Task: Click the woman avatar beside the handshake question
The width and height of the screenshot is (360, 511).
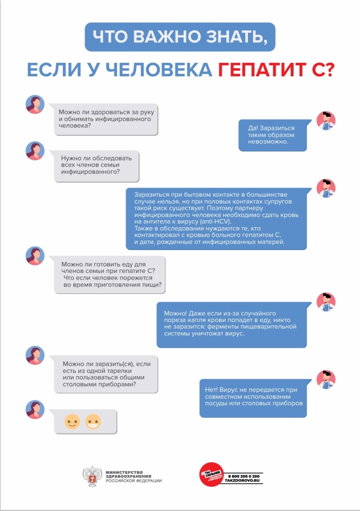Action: pos(35,104)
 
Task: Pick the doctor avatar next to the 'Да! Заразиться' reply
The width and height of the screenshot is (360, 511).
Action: pos(326,121)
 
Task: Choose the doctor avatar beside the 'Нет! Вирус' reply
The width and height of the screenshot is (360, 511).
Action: pos(326,380)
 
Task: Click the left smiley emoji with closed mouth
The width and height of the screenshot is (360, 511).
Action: pos(72,422)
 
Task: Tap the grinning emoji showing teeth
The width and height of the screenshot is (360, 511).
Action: pos(93,422)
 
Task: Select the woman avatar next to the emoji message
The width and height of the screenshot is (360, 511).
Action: pos(35,410)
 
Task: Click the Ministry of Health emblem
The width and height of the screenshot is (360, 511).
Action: pos(92,477)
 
